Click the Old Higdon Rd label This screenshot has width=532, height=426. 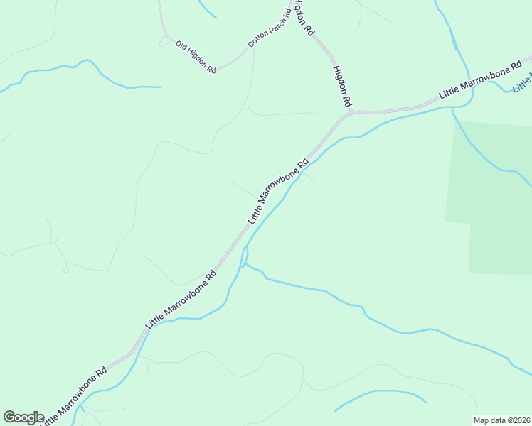[x=196, y=56]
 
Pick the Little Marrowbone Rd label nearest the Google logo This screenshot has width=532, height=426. [x=73, y=396]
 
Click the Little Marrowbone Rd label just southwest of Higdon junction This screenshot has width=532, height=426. [x=278, y=191]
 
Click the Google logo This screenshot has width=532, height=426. [x=23, y=417]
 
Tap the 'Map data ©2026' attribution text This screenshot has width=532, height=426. [x=501, y=420]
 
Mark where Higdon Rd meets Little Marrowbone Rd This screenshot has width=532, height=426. [x=351, y=111]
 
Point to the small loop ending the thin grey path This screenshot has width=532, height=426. [x=66, y=268]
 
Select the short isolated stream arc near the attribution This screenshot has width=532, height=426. [x=381, y=395]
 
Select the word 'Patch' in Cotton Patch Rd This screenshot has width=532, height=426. [x=271, y=27]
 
